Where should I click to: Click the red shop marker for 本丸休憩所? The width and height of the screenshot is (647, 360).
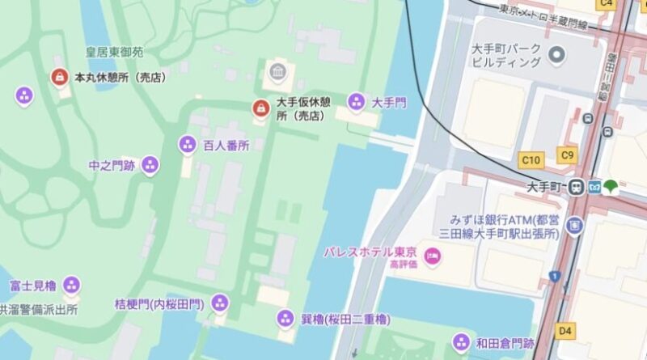point(59,78)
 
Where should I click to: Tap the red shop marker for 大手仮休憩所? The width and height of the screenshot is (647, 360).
point(260,108)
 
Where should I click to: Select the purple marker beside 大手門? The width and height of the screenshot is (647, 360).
point(356,102)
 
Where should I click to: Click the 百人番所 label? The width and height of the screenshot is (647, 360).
point(226,146)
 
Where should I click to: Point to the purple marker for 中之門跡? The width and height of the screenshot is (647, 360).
point(150,166)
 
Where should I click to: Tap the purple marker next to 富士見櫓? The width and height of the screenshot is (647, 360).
point(72,285)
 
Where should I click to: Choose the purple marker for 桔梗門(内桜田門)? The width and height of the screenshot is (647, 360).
point(219,303)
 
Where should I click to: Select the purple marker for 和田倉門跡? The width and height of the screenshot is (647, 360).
point(462,341)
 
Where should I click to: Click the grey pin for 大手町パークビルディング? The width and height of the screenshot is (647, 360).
point(556,55)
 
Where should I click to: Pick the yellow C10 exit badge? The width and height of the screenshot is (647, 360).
point(531,160)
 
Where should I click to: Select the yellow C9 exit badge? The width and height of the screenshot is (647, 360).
point(567,155)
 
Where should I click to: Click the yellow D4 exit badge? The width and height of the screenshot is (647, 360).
point(565,330)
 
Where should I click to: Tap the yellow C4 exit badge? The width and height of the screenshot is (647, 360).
point(606,4)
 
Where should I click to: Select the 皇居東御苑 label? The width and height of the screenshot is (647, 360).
point(115,53)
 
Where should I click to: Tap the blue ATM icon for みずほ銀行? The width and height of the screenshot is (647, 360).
point(575,225)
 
